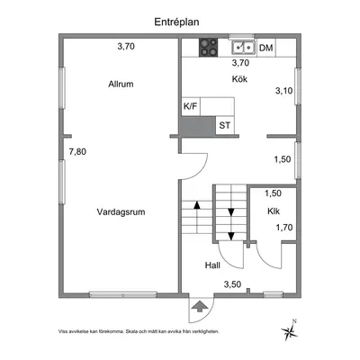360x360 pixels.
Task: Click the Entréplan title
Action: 176,22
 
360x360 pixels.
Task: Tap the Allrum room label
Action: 121,84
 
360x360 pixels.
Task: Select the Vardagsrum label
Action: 121,212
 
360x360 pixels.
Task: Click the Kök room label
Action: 239,79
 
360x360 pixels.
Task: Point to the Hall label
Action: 212,265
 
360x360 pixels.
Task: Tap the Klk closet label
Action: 274,211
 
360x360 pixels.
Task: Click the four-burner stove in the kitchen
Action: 209,48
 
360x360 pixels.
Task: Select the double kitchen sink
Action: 243,47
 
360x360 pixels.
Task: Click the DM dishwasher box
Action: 266,48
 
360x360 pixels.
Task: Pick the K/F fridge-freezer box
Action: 191,106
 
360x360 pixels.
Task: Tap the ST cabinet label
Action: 225,125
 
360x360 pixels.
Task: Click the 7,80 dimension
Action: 77,152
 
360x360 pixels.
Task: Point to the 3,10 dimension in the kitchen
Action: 283,91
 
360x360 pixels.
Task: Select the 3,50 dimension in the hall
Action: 232,284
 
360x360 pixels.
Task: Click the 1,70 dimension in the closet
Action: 284,228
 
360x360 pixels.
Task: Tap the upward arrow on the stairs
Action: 197,216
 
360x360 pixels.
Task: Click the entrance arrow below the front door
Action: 199,307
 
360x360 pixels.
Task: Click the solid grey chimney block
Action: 197,125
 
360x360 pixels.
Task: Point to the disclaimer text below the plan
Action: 139,331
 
